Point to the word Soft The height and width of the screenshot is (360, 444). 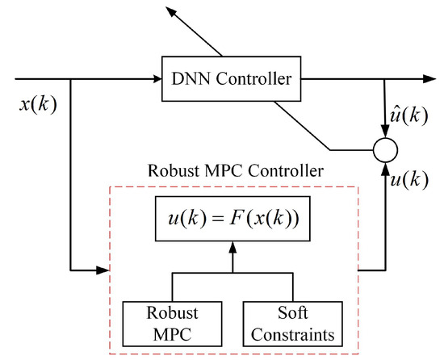[291, 312]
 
